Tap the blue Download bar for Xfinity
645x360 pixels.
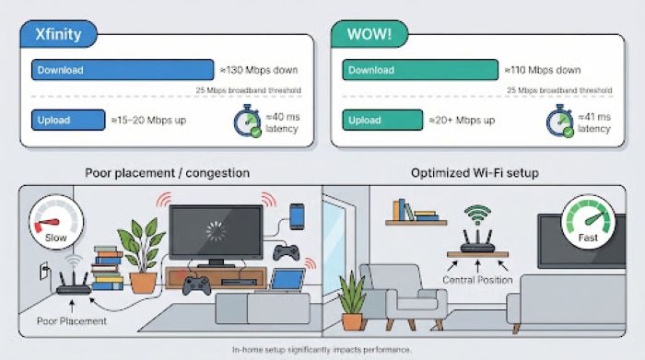[123, 70]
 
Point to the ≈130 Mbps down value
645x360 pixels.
[259, 70]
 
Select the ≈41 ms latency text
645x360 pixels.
[593, 122]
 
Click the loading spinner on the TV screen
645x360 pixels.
[215, 230]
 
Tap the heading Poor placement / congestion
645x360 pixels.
[167, 172]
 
